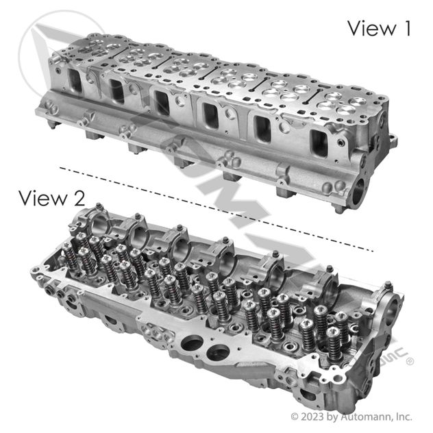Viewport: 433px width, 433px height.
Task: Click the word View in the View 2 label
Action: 42,199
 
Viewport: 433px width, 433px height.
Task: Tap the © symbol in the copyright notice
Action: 295,416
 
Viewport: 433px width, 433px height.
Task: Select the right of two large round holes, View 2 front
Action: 218,354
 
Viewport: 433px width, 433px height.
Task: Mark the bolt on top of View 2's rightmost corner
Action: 388,286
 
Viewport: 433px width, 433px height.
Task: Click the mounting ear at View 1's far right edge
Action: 391,142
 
